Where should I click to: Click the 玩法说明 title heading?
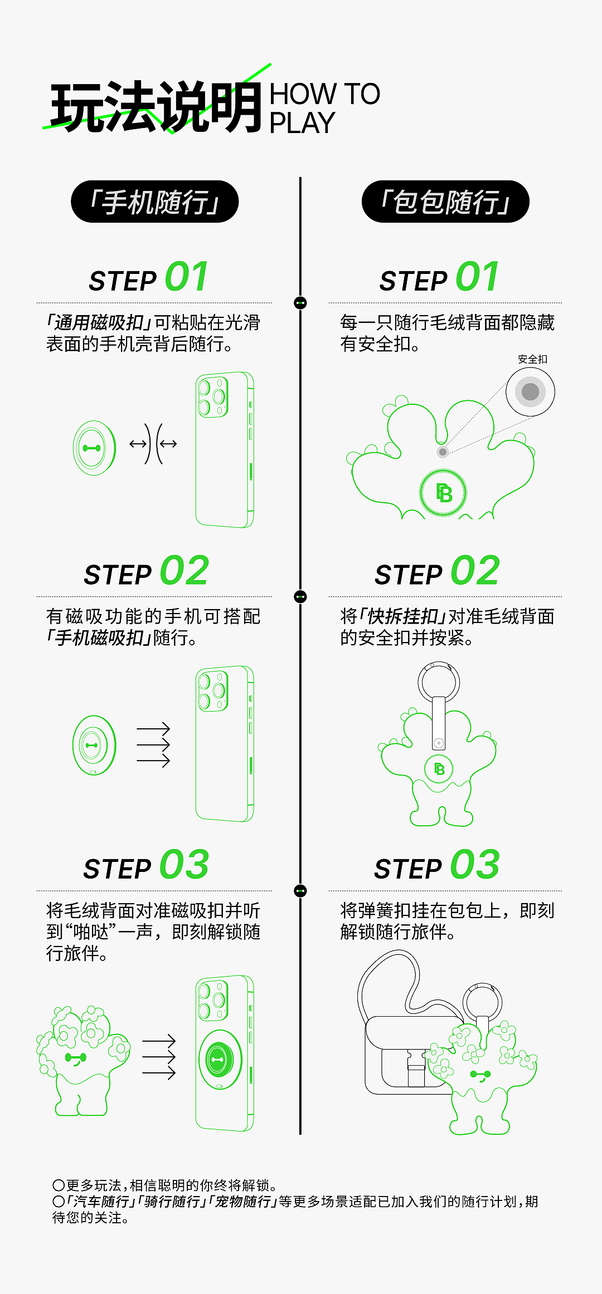point(156,107)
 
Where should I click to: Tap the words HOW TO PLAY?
point(324,108)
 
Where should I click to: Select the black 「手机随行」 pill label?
point(154,202)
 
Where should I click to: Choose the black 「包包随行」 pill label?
point(445,202)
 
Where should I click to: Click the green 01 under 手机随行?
point(187,277)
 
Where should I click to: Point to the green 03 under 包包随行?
point(475,865)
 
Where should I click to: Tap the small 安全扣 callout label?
point(532,359)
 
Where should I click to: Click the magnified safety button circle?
point(530,391)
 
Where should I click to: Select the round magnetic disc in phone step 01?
point(94,448)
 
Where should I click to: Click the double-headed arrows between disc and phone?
point(153,444)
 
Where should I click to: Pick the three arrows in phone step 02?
point(153,744)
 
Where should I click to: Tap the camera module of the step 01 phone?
point(213,397)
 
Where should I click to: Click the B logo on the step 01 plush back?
point(443,493)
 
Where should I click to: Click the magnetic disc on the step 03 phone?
point(220,1059)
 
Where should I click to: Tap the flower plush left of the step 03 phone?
point(82,1058)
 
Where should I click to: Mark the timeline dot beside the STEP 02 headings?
point(300,597)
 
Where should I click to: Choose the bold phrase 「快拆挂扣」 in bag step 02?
point(403,616)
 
